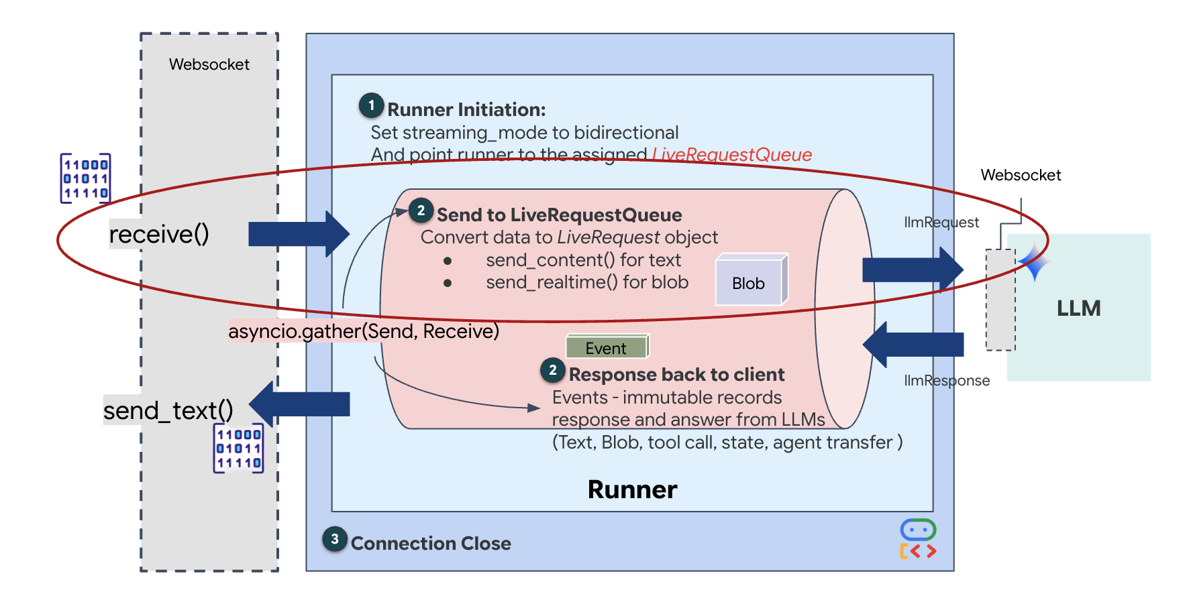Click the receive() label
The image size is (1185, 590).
pos(159,234)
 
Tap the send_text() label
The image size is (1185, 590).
pos(168,410)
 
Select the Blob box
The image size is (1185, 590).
pos(750,282)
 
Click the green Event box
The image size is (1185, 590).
pos(606,347)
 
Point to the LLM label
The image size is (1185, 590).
pos(1078,308)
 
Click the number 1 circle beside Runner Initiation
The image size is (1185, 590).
pos(371,106)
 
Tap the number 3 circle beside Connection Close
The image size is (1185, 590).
pos(335,539)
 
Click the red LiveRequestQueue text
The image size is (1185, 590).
pos(732,155)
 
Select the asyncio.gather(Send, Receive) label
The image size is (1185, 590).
pos(364,331)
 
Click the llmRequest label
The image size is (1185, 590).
pos(941,223)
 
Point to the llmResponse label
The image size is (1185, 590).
pos(946,381)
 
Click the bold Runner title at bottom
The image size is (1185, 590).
pos(632,490)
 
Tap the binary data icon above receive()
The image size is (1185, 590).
pos(85,178)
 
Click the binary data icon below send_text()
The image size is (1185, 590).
pos(238,449)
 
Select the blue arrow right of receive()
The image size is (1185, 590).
pos(299,234)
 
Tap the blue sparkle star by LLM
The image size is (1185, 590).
pos(1034,262)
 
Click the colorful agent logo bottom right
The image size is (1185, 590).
pos(918,539)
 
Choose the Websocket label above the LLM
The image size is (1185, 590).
pos(1021,176)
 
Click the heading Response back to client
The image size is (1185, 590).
pos(676,374)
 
